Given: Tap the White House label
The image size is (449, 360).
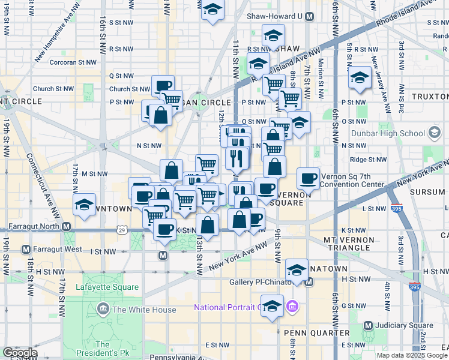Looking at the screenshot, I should coord(144,310).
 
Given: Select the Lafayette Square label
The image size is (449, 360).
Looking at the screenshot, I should coord(107,287).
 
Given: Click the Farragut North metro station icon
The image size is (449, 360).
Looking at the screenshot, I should coord(67,227).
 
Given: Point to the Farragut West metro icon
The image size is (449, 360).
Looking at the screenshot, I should coord(26,249).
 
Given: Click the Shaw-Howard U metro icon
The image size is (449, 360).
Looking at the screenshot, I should coord(309,17).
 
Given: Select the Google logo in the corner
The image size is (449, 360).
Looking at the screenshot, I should coord(20,353).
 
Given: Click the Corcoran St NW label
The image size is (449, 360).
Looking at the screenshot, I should coord(74,61).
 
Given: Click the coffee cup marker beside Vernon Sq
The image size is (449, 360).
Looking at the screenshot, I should coord(308,178).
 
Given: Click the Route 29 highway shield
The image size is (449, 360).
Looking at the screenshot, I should coord(122,230).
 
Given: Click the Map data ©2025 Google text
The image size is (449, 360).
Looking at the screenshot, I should coord(412,355).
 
